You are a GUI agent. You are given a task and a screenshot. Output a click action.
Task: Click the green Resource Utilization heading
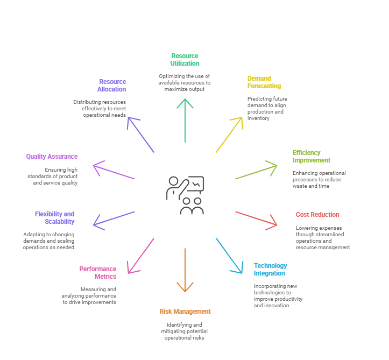(185, 60)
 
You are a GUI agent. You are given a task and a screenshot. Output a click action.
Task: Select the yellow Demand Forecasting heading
(264, 82)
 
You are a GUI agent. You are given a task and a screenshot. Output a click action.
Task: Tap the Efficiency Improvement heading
(312, 156)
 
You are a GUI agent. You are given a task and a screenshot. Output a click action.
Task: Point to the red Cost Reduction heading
(317, 215)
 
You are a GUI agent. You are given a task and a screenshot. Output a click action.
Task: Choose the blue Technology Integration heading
(270, 270)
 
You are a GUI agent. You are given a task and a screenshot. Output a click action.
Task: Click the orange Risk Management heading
(185, 312)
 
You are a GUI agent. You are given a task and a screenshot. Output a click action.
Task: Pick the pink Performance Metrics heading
(98, 273)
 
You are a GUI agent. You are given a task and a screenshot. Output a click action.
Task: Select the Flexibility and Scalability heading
(54, 217)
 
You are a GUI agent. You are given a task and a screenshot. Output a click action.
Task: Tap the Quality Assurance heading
(52, 157)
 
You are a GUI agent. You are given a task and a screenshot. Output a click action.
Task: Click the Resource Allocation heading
(111, 86)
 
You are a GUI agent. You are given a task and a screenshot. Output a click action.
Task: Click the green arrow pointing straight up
(185, 121)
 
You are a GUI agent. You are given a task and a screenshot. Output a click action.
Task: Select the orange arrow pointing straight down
(185, 270)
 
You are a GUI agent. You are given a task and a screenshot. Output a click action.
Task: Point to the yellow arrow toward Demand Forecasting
(230, 135)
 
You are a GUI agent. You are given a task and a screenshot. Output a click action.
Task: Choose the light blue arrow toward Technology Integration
(229, 256)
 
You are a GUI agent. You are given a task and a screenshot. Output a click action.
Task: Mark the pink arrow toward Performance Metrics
(140, 256)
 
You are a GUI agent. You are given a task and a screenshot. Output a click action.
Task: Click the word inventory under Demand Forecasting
(258, 118)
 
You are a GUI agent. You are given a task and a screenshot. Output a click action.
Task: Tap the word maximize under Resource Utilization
(174, 89)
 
